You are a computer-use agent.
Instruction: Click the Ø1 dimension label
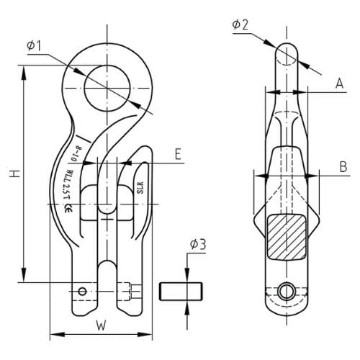[x=35, y=46]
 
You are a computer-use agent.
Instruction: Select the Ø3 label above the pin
[x=199, y=246]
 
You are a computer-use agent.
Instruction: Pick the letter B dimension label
[x=343, y=167]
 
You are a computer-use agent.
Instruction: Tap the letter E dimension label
[x=176, y=153]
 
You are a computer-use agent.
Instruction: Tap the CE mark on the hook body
[x=68, y=210]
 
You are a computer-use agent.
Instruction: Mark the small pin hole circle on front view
[x=84, y=291]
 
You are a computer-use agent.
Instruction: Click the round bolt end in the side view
[x=286, y=292]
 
